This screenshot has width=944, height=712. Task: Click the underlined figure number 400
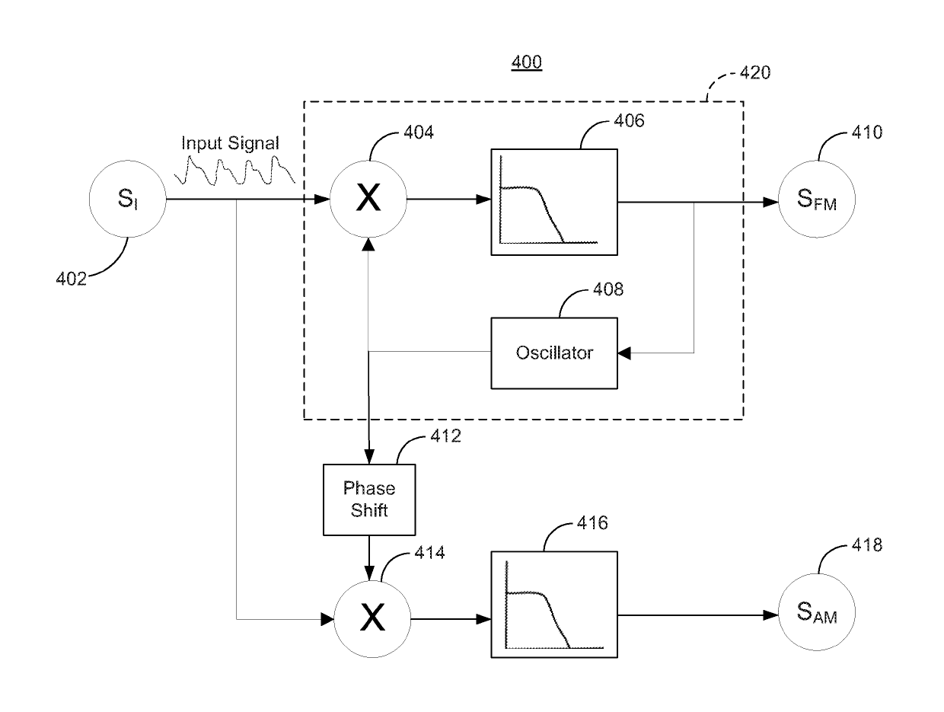pyautogui.click(x=526, y=62)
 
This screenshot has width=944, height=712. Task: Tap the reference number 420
pyautogui.click(x=755, y=72)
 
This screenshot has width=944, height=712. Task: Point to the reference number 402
pyautogui.click(x=72, y=279)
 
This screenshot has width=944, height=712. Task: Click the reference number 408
pyautogui.click(x=608, y=289)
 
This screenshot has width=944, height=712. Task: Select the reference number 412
pyautogui.click(x=445, y=436)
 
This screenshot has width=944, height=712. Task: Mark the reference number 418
pyautogui.click(x=867, y=545)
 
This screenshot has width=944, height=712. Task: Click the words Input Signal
pyautogui.click(x=230, y=143)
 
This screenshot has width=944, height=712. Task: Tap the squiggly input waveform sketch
pyautogui.click(x=234, y=171)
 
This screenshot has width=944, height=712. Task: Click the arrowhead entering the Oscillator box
pyautogui.click(x=624, y=353)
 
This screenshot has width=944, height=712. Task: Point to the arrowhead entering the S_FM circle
pyautogui.click(x=770, y=202)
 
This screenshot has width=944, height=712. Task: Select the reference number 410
pyautogui.click(x=867, y=132)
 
